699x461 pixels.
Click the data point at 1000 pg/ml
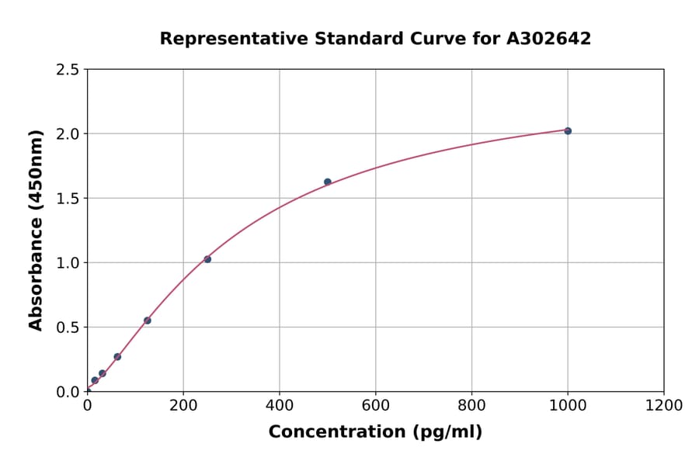point(568,131)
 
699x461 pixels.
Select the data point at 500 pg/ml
point(328,182)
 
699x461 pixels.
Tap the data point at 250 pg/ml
point(207,259)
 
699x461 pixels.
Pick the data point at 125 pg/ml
point(148,321)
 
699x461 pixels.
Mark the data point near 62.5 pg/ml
point(117,357)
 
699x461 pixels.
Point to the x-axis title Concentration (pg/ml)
point(375,432)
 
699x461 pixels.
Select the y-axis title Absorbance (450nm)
point(36,230)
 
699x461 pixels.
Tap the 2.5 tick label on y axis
point(68,70)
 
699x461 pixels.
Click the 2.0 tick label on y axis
point(68,134)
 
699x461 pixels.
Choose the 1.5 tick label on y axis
point(68,199)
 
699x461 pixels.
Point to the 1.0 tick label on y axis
point(68,263)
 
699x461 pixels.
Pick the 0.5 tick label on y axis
point(68,328)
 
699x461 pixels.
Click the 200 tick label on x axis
point(183,405)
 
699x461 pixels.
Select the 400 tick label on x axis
point(280,405)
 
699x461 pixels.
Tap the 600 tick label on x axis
point(375,405)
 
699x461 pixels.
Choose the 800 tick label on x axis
point(471,405)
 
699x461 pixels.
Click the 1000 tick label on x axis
point(568,405)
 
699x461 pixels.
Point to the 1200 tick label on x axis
point(664,405)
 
